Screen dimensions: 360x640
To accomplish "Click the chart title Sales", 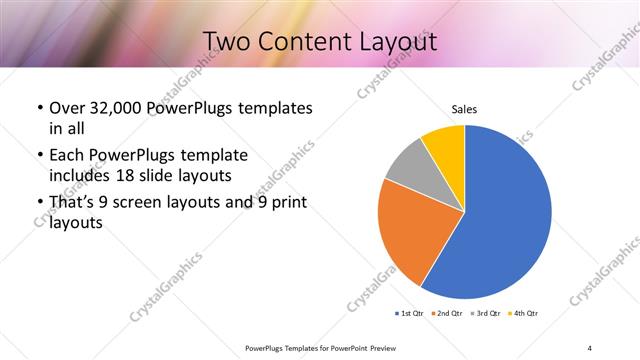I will click(465, 109).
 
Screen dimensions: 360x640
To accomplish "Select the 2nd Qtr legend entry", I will click(446, 314).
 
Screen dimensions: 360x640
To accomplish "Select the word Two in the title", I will click(227, 42).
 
